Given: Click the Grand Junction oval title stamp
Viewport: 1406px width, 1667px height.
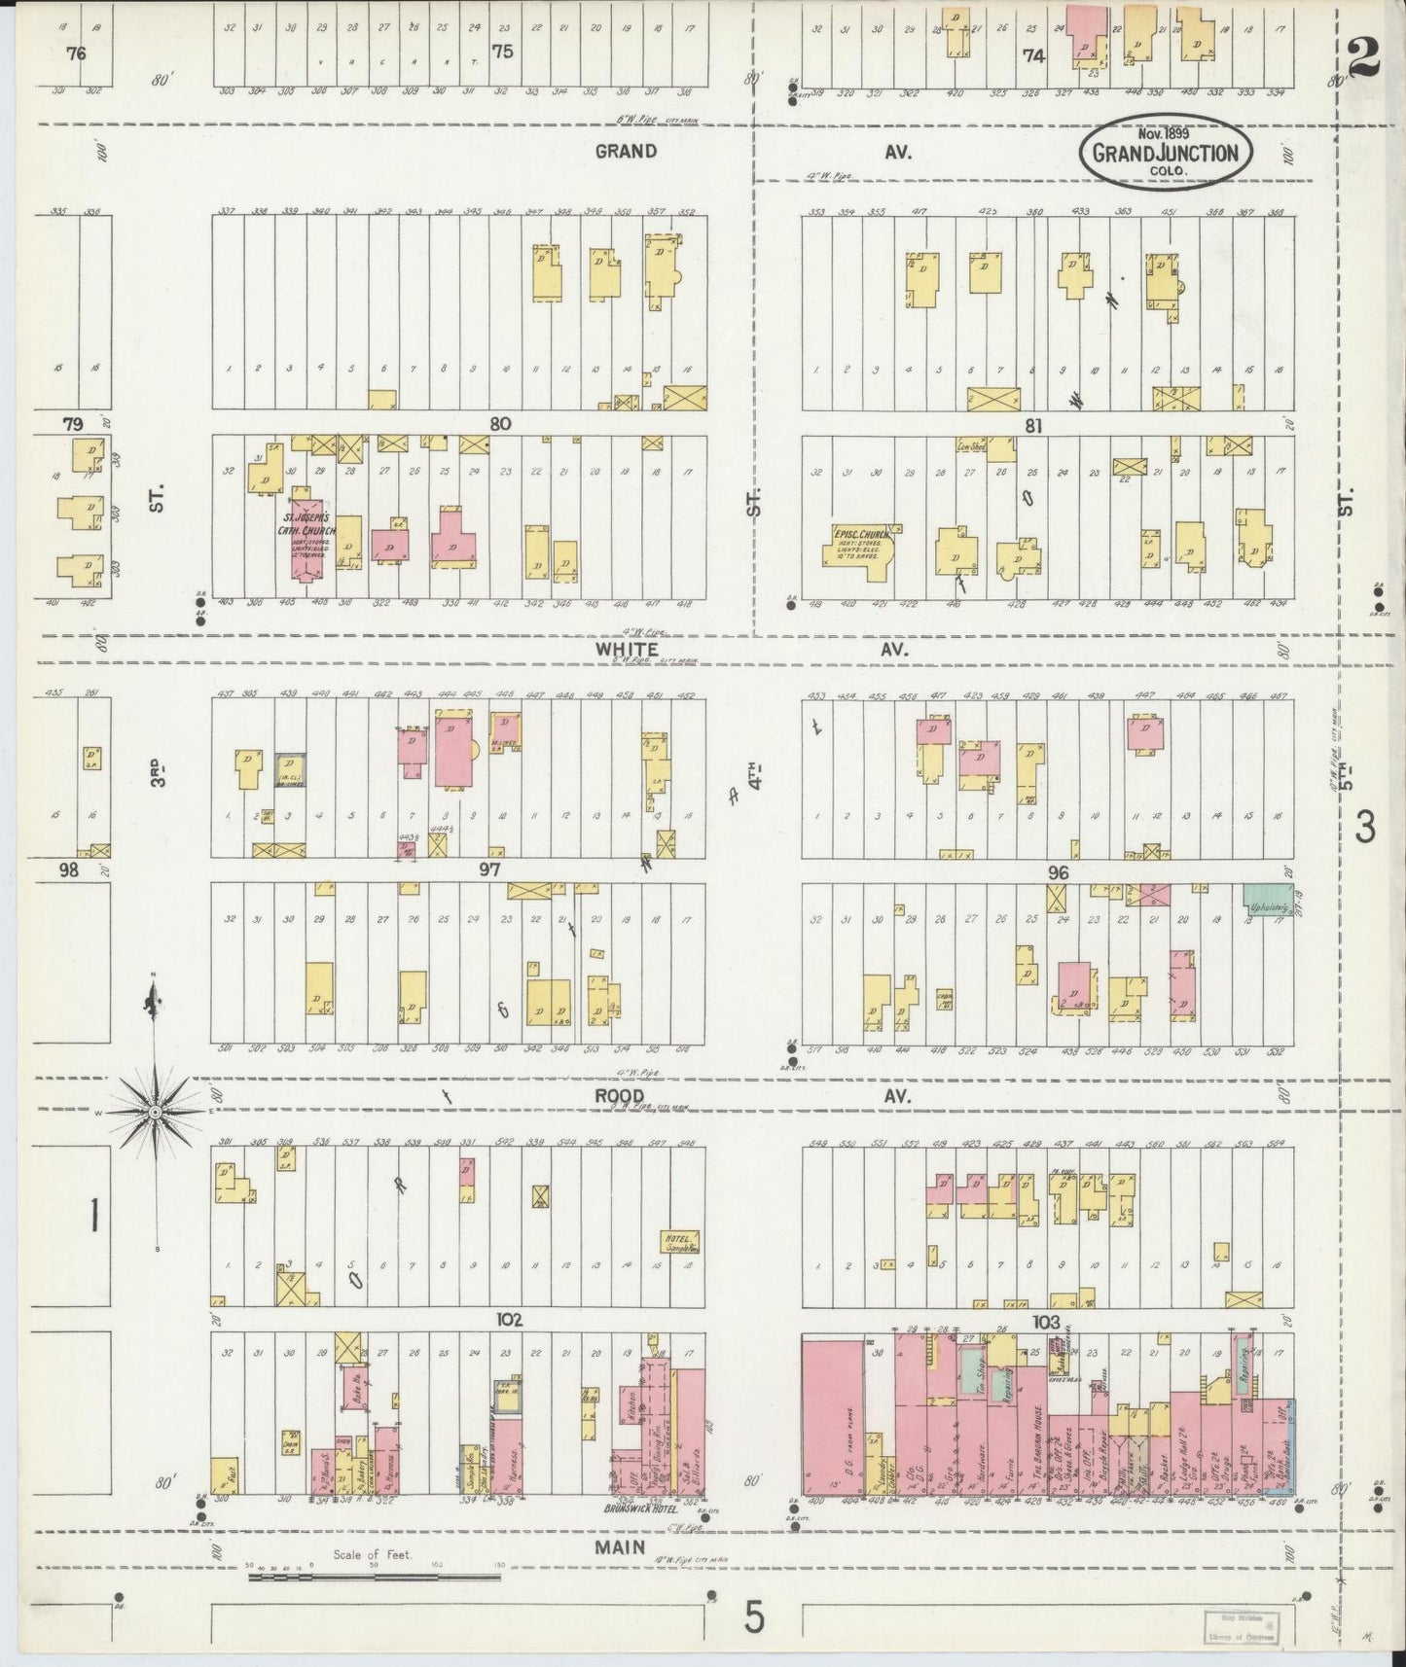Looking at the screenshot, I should (x=1165, y=152).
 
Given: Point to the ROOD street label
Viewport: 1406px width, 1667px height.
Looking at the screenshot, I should (x=620, y=1095).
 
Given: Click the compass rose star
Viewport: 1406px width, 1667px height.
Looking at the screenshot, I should (x=156, y=1111).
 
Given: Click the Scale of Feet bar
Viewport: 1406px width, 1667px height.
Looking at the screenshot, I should (x=375, y=1574).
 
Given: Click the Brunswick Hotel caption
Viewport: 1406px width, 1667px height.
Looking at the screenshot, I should (x=641, y=1511).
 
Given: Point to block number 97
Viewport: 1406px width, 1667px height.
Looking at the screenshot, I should (x=489, y=869).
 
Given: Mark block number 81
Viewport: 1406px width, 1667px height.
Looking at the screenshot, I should (x=1034, y=424).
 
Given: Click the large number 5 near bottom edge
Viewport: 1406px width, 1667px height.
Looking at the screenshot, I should (x=755, y=1618).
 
